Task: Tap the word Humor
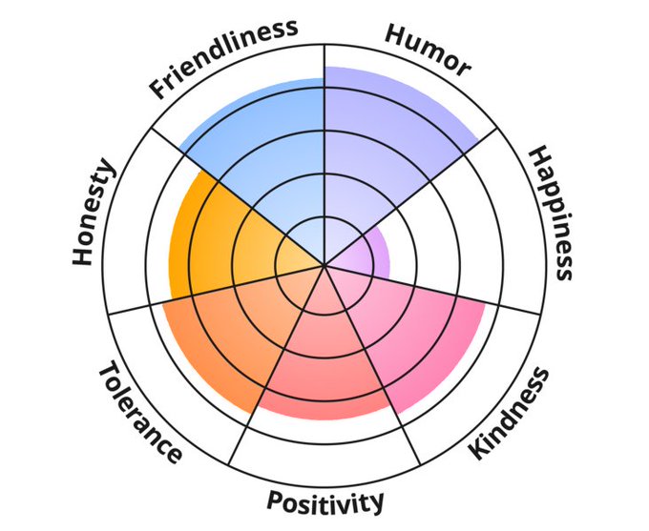point(428,48)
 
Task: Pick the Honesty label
point(94,214)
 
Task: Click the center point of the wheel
point(324,265)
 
